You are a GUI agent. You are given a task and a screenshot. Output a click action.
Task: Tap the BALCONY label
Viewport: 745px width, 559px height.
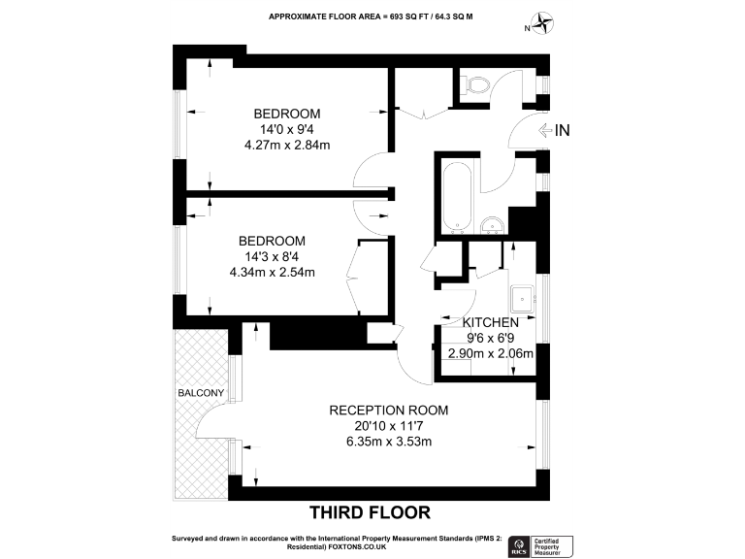(x=201, y=393)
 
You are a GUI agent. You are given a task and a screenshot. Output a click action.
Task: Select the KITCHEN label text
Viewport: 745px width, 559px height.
(x=490, y=322)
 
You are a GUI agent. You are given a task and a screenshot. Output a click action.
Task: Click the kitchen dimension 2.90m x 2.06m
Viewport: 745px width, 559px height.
(x=490, y=353)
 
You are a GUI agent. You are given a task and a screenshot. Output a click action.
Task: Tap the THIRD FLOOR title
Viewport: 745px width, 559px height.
(x=369, y=511)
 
